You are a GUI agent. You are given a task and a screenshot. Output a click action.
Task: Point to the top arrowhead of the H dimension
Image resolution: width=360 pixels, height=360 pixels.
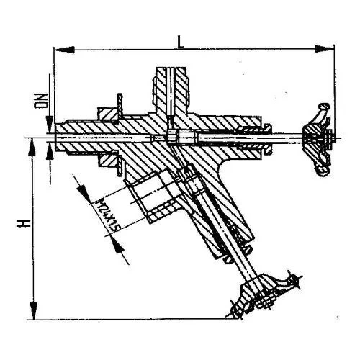pyautogui.click(x=33, y=146)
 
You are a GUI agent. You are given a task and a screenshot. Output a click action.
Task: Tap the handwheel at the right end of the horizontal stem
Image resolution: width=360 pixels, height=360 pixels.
pyautogui.click(x=319, y=139)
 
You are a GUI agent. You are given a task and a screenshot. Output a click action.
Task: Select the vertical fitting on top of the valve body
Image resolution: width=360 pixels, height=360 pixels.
pyautogui.click(x=171, y=90)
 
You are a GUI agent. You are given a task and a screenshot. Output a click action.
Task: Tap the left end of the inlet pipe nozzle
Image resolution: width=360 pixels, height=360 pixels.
pyautogui.click(x=58, y=138)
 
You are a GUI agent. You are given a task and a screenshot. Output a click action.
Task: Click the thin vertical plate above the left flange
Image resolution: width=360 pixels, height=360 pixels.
pyautogui.click(x=120, y=104)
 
